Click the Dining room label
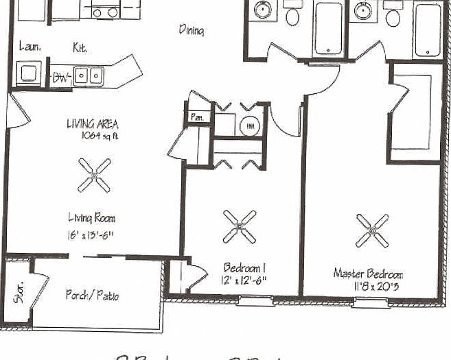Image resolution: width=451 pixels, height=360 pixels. [192, 30]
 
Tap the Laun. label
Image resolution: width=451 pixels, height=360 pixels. [29, 47]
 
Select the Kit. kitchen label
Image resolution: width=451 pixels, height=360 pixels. [80, 47]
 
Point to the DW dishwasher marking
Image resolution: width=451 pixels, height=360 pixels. [61, 77]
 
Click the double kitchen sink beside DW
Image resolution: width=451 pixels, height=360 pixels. [89, 75]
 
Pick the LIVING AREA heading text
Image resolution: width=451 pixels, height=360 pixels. [92, 124]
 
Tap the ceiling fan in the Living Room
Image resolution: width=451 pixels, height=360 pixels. [94, 175]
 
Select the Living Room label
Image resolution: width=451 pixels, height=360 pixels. [91, 218]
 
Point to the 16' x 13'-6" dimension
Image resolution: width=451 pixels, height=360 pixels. [91, 235]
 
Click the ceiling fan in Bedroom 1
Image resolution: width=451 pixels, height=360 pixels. [240, 226]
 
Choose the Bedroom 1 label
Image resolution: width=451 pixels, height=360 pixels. [245, 267]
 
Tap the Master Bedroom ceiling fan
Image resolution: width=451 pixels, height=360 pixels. [372, 230]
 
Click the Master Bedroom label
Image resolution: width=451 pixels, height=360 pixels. [368, 273]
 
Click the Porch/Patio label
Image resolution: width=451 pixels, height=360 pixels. [92, 295]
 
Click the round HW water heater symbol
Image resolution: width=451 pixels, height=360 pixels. [248, 126]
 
